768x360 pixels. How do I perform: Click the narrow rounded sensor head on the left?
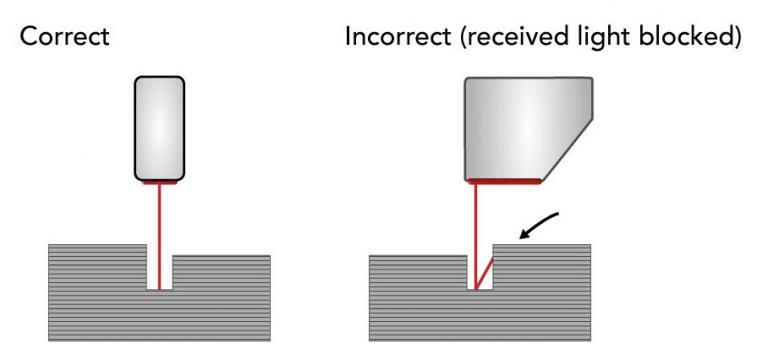(x=159, y=127)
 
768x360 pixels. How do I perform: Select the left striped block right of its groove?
(x=220, y=295)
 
